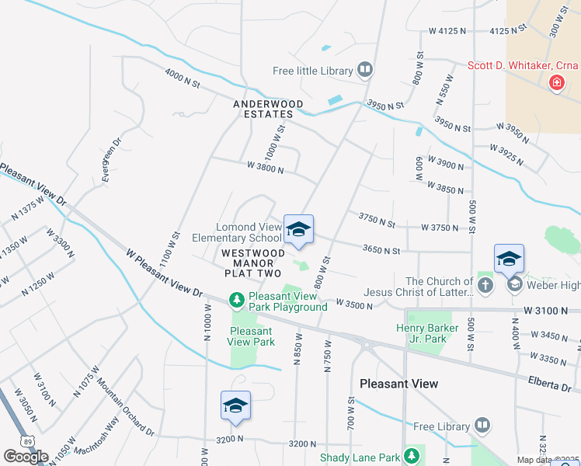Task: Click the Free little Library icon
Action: coord(365,71)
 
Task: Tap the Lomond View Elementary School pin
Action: coord(298,230)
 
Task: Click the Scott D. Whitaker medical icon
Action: coord(556,82)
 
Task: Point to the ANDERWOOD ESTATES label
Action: coord(263,108)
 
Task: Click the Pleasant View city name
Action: coord(398,384)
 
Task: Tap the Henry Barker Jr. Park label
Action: coord(426,333)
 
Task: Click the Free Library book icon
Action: coord(482,426)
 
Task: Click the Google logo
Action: coord(26,456)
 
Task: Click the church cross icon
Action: coord(485,285)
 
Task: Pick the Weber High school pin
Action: coord(509,259)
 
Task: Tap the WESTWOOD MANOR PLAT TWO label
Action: coord(252,263)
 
